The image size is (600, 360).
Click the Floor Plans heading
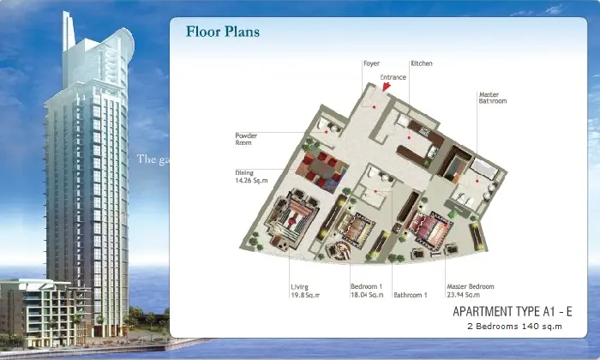[223, 32]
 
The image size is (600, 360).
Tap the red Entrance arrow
[386, 87]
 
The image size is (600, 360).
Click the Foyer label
[371, 63]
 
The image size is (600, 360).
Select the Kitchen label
[422, 63]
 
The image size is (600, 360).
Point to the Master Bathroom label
[493, 98]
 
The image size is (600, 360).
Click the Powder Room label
[246, 139]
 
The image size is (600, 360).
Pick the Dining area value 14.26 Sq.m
[251, 181]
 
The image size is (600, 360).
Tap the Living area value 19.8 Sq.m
[305, 295]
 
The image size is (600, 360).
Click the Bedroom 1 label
[367, 286]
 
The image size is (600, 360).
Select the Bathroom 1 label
[411, 295]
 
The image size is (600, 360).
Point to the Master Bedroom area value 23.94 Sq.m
[464, 295]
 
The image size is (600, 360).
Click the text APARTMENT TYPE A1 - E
[513, 311]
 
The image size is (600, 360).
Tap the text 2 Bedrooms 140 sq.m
[514, 327]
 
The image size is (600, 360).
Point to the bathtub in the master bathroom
[483, 168]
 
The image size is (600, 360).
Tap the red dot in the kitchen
[409, 137]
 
